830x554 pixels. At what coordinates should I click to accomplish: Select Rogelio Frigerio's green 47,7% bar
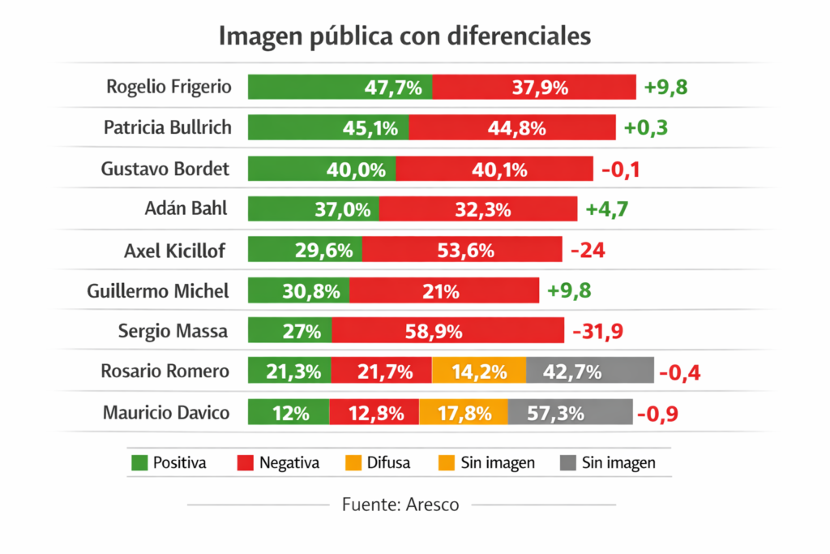pos(340,87)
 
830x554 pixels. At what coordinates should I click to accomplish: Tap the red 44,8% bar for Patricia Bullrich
pos(512,128)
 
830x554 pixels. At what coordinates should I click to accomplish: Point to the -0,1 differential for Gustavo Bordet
pos(621,170)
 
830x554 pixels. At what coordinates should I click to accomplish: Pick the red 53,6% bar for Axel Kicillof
pos(462,251)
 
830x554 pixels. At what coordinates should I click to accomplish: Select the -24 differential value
pos(588,251)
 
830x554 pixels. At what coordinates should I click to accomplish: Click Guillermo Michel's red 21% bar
pos(444,290)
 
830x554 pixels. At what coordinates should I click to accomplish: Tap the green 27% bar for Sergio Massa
pos(289,331)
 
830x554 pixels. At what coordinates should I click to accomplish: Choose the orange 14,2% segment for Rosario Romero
pos(479,372)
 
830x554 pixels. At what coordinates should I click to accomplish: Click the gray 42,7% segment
pos(589,372)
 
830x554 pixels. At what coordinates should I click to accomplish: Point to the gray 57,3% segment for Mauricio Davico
pos(570,413)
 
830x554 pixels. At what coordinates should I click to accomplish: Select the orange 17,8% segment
pos(464,413)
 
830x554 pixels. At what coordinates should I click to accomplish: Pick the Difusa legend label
pos(387,463)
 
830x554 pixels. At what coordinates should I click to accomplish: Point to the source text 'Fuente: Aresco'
pos(400,505)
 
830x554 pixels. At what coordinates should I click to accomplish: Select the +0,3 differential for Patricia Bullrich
pos(646,128)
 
